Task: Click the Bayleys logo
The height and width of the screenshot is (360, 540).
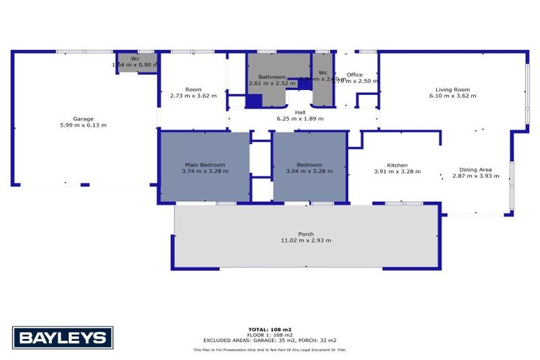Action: pyautogui.click(x=63, y=337)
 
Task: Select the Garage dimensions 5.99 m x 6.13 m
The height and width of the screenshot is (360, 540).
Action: pyautogui.click(x=83, y=125)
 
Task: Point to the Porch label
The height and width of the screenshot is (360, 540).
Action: pyautogui.click(x=306, y=234)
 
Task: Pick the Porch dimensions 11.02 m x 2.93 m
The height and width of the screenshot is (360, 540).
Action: pyautogui.click(x=306, y=240)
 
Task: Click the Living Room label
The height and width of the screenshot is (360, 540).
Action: pyautogui.click(x=452, y=89)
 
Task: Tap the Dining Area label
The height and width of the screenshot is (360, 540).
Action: pyautogui.click(x=475, y=169)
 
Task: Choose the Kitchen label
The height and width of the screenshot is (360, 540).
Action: pyautogui.click(x=397, y=165)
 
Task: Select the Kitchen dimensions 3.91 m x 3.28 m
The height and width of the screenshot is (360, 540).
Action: pyautogui.click(x=397, y=171)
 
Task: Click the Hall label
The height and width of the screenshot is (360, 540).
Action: pyautogui.click(x=300, y=112)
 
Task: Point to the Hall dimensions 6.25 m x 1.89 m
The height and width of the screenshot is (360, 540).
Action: pyautogui.click(x=300, y=118)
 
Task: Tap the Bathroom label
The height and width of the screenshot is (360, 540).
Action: pyautogui.click(x=272, y=77)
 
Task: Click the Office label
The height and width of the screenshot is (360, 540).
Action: pyautogui.click(x=354, y=75)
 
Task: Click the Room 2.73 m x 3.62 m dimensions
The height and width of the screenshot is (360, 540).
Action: pyautogui.click(x=193, y=96)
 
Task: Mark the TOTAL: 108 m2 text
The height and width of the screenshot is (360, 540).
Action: pyautogui.click(x=269, y=329)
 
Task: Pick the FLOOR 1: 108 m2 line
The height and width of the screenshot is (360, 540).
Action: pyautogui.click(x=269, y=335)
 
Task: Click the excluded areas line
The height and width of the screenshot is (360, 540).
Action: pyautogui.click(x=269, y=340)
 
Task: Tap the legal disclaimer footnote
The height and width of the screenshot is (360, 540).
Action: pyautogui.click(x=269, y=349)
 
